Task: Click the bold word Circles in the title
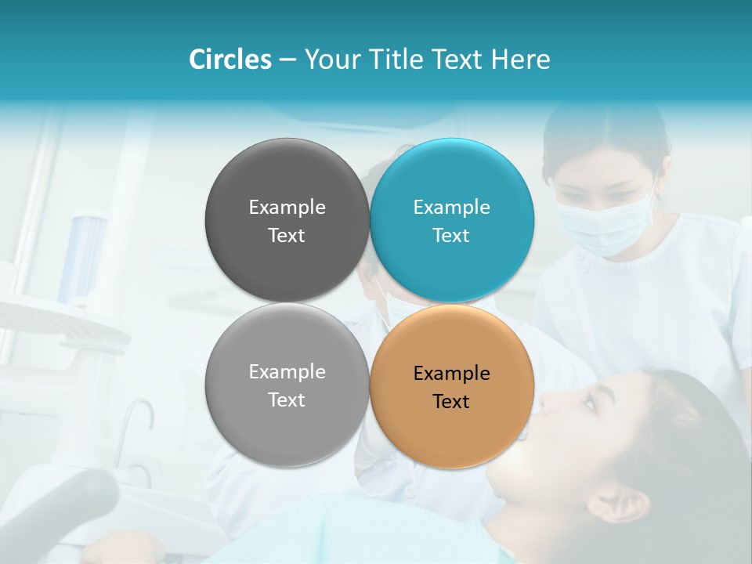pos(230,60)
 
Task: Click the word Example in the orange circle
pos(452,374)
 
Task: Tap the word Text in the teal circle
pos(451,236)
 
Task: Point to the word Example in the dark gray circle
pos(287,208)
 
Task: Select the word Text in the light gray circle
pos(287,400)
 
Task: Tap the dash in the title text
pos(287,60)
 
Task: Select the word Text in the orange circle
pos(451,402)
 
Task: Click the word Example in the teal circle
pos(452,208)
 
